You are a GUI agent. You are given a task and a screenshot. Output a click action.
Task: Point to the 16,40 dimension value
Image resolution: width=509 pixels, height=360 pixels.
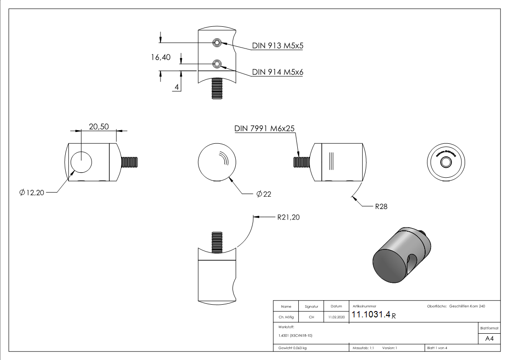pos(161,57)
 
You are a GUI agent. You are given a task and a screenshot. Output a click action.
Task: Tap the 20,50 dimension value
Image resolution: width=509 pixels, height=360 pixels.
pos(98,127)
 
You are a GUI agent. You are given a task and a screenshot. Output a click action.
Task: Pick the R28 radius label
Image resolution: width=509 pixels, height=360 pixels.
pos(381,206)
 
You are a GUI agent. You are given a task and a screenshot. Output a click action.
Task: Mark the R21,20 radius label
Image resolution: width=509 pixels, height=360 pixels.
pos(288,217)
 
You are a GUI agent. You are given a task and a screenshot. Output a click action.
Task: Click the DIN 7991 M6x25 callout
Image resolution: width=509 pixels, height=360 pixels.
pos(265,128)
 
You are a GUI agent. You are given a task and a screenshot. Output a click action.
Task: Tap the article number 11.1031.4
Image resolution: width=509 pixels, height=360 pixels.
pos(371,315)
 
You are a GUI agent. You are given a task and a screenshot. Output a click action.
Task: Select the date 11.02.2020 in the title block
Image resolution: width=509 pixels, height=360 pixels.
pos(336,317)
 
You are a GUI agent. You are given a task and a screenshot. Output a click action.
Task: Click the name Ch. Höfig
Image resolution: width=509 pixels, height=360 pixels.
pos(286,317)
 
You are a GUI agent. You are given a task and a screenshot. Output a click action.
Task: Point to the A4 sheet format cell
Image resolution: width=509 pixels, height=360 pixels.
pos(490,339)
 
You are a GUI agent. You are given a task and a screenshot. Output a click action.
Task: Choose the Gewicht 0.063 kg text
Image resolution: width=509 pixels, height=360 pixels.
pos(292,348)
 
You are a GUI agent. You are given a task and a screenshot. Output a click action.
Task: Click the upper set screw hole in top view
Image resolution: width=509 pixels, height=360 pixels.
pos(218,43)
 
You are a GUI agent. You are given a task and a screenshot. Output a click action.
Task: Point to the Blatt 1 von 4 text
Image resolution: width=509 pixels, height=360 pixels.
pos(437,348)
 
